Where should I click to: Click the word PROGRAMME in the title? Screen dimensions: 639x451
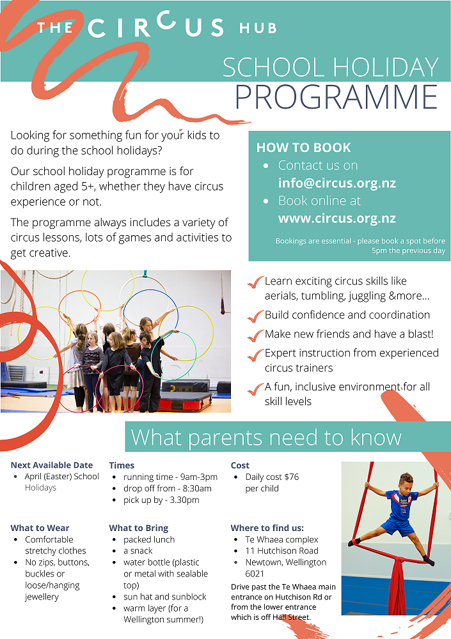[x=336, y=96]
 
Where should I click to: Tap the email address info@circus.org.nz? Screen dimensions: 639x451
[x=336, y=183]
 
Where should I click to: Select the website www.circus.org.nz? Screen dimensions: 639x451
[x=336, y=218]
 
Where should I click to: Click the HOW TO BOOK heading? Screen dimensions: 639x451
[x=303, y=148]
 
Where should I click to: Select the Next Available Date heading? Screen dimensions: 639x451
[x=52, y=465]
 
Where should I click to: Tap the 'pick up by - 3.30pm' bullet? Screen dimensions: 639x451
[x=161, y=500]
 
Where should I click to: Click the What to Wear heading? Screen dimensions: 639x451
[x=40, y=528]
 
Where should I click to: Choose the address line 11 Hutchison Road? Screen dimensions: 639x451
[x=281, y=551]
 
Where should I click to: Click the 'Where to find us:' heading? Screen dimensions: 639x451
[x=267, y=528]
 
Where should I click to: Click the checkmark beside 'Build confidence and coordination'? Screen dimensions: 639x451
[x=256, y=315]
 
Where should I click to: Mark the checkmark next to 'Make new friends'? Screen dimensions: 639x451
[x=256, y=334]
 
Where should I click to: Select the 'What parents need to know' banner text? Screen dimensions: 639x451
[x=266, y=437]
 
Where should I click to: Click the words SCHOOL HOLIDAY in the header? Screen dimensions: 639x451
[x=330, y=67]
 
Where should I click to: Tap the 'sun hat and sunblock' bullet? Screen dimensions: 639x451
[x=165, y=597]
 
